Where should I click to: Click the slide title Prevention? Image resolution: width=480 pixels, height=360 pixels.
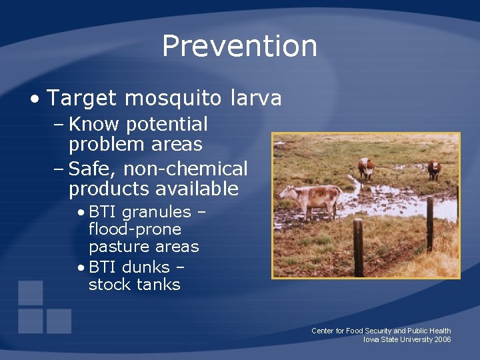239,46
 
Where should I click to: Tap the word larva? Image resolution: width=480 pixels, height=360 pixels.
256,98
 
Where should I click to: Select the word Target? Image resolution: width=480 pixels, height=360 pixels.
83,98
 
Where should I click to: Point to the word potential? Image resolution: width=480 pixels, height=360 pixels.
167,125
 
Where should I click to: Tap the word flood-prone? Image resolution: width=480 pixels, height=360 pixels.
135,229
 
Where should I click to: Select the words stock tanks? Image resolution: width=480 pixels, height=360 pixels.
134,285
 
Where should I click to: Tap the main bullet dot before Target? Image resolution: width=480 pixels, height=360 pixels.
34,99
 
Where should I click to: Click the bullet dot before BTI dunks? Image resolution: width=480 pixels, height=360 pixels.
80,268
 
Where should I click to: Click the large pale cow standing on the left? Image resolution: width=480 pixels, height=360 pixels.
313,197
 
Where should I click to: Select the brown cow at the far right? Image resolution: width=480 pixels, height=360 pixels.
434,169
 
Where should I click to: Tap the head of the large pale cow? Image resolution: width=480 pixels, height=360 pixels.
287,193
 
